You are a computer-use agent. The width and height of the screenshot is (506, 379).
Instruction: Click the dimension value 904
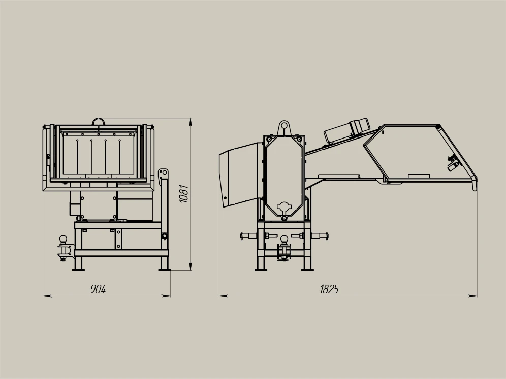coord(98,289)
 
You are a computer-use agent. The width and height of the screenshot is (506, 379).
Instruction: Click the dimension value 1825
coord(329,289)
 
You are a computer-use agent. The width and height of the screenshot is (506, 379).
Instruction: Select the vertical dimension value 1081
coord(184,194)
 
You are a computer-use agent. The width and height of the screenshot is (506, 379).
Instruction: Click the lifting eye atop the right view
coord(284,128)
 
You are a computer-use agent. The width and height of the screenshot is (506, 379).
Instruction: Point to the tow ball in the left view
coord(63,240)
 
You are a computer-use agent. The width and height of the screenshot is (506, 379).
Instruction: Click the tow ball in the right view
coord(284,239)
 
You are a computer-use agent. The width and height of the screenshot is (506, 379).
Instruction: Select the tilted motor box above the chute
coord(346,130)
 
